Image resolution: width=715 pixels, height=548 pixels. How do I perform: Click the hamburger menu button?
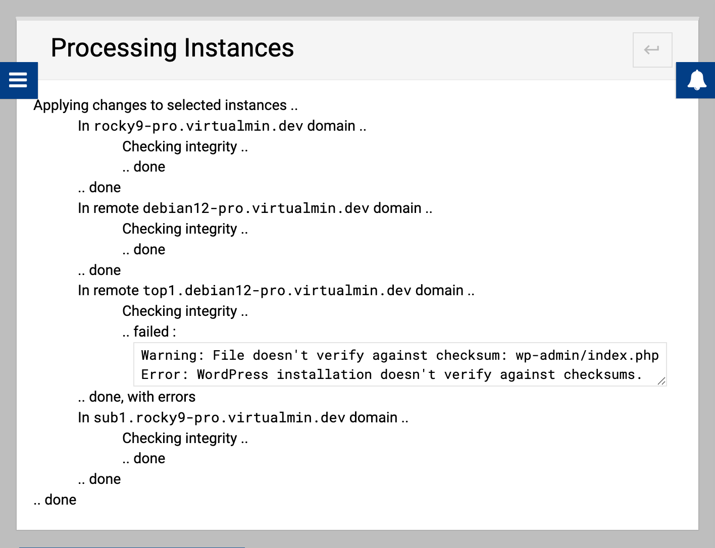[x=18, y=80]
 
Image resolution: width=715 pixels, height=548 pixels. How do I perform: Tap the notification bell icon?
[x=697, y=80]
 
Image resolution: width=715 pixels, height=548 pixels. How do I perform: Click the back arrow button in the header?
[x=652, y=50]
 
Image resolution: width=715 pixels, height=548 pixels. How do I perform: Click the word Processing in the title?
[x=114, y=48]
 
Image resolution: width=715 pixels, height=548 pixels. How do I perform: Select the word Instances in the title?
[x=239, y=48]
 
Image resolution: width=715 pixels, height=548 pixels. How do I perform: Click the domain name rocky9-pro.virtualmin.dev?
[x=198, y=126]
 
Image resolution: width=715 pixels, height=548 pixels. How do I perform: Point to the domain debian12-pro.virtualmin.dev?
[x=256, y=208]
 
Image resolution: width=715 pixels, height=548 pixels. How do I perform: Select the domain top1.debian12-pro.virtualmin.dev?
[x=277, y=291]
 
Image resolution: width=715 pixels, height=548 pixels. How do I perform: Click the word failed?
[x=151, y=332]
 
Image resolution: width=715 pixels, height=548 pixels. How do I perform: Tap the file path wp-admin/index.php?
[x=587, y=355]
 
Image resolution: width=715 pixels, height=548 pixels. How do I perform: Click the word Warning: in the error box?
[x=173, y=355]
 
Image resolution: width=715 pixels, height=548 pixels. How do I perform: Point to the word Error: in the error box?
[x=165, y=375]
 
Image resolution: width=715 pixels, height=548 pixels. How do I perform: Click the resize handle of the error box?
[x=661, y=381]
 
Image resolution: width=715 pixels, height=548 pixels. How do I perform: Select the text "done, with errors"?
[x=142, y=397]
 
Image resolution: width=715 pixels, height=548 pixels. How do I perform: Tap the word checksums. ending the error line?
[x=603, y=375]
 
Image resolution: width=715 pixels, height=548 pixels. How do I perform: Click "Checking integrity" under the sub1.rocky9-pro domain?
[x=180, y=438]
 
